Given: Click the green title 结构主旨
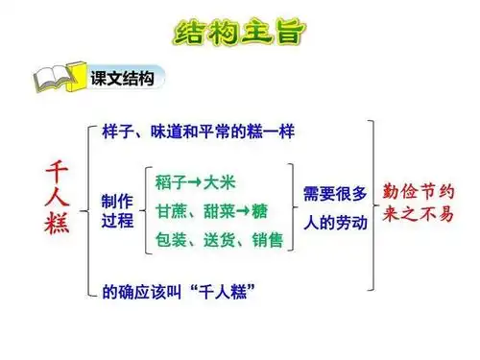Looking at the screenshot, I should [x=240, y=32].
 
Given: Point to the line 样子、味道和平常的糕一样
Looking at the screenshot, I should [x=198, y=132].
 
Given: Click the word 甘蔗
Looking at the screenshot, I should [x=171, y=210].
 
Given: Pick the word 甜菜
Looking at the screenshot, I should [x=217, y=210].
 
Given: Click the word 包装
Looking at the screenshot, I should [x=171, y=238].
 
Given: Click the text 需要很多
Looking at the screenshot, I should [x=334, y=194].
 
